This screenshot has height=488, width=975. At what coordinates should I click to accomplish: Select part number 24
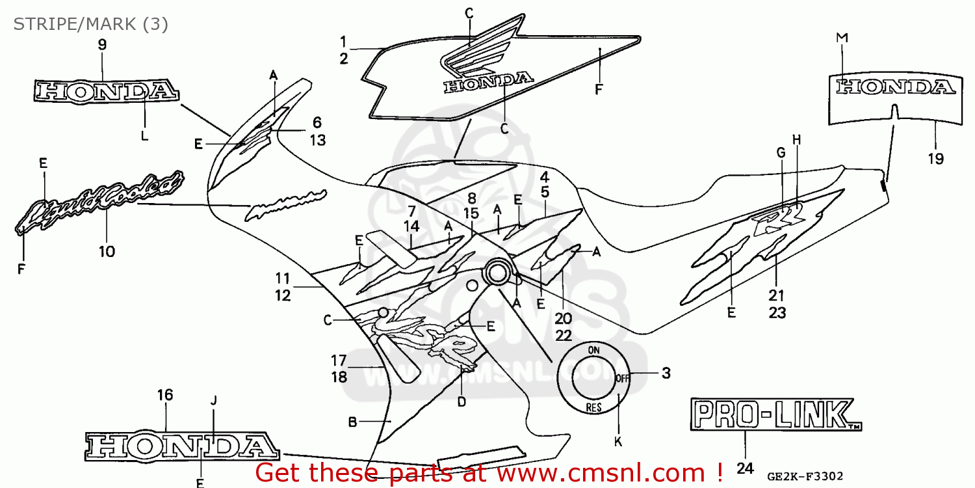coord(745,468)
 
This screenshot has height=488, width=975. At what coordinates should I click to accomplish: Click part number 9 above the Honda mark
coord(102,45)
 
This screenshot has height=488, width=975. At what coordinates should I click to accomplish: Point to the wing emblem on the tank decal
coord(481,52)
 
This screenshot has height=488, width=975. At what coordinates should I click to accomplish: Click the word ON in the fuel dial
coord(593,350)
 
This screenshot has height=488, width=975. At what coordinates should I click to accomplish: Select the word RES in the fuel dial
coord(593,408)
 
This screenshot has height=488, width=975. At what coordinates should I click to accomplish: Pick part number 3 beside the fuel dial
coord(666,373)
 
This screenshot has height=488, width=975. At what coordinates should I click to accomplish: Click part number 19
coord(935,158)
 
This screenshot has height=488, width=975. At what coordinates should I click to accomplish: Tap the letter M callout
coord(842,38)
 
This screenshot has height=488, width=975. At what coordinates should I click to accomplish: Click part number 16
coord(165,394)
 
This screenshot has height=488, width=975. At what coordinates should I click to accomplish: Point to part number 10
coord(107,251)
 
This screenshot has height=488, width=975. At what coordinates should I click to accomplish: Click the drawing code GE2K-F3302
coord(808,476)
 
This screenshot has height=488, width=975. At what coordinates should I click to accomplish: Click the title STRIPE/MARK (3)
coord(91,25)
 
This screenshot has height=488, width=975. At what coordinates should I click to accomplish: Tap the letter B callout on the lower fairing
coord(352,422)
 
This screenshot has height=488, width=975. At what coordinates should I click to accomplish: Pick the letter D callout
coord(461,402)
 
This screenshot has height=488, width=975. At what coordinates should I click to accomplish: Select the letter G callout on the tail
coord(781,153)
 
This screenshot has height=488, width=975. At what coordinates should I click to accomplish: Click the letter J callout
coord(213,400)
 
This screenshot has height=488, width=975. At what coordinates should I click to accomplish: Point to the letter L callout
coord(144,136)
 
